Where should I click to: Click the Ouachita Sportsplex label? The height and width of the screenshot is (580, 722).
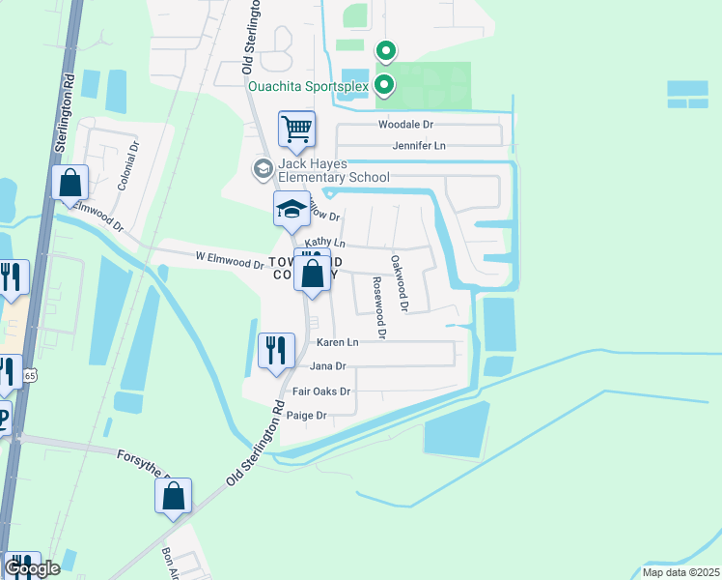[309, 85]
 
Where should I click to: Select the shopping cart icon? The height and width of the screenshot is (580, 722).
[297, 128]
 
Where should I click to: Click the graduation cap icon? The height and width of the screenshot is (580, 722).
[292, 209]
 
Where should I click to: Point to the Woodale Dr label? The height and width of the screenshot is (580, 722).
[406, 125]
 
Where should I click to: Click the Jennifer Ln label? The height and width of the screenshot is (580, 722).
[419, 146]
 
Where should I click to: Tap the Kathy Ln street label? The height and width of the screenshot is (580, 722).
[324, 242]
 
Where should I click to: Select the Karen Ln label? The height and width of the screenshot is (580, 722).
[338, 342]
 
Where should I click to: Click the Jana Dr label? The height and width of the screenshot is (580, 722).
[328, 366]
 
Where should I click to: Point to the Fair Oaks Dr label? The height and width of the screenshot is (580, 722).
[321, 391]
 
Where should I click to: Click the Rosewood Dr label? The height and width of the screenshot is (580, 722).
[378, 307]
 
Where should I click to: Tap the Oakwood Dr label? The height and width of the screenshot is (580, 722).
[400, 282]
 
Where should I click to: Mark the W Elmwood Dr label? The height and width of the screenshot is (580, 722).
[230, 260]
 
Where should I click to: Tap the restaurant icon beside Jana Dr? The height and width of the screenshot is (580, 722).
[276, 350]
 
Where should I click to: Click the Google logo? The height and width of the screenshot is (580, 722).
[32, 568]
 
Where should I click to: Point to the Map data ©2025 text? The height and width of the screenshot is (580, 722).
[680, 572]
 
